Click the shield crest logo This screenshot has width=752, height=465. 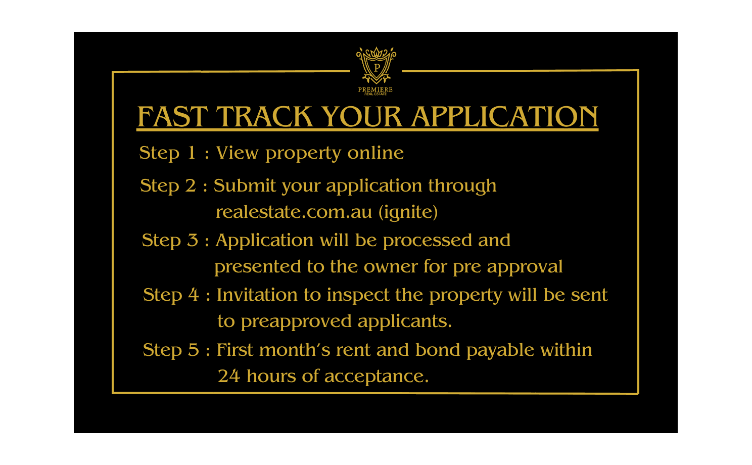[376, 65]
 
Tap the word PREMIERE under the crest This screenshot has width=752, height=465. [375, 89]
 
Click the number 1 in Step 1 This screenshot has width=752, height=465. [192, 153]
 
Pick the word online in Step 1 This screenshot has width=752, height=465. [375, 153]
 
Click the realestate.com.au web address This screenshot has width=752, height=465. [294, 212]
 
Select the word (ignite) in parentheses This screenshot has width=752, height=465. [408, 212]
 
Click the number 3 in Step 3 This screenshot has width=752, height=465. [193, 241]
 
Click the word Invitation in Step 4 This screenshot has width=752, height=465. [257, 295]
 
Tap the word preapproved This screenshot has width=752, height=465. [297, 322]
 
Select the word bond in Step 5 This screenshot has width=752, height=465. [438, 350]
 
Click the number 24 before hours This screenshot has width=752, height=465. [229, 376]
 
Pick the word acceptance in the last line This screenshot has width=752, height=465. [377, 377]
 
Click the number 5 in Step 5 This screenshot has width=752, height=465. [194, 350]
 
